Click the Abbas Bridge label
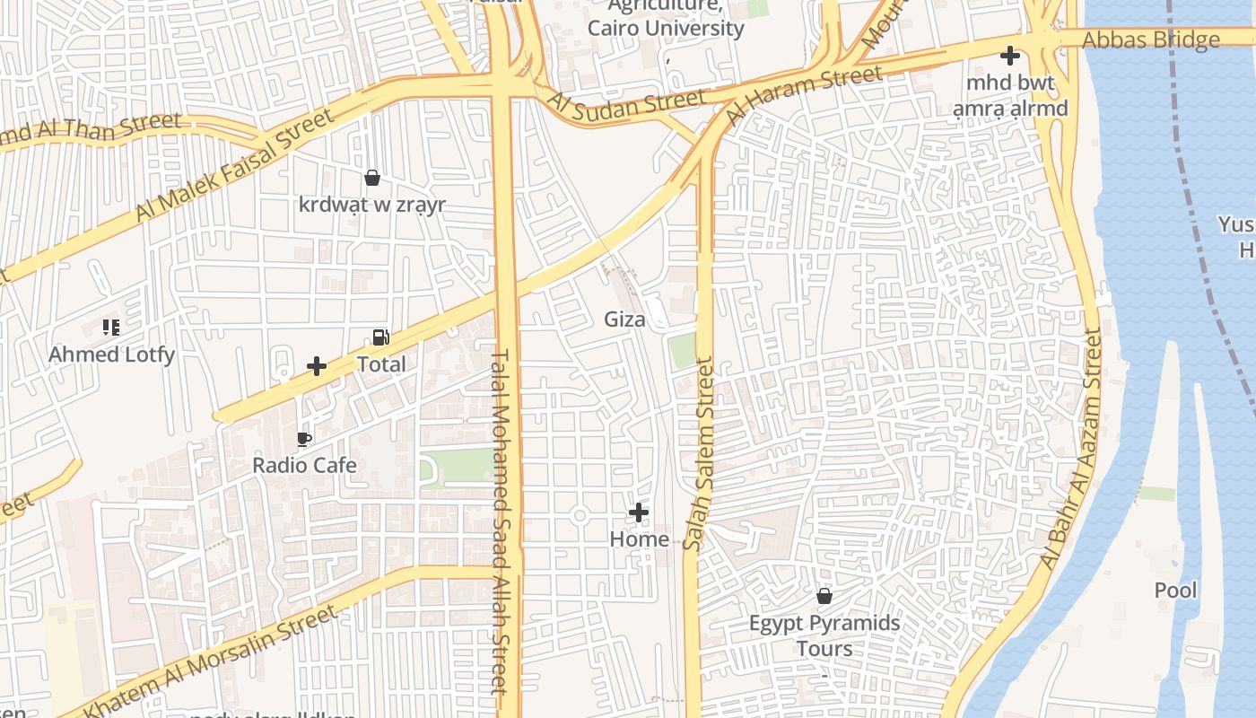coord(1150,40)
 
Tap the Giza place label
coord(624,319)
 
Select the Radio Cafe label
coord(304,465)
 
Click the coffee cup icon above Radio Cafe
coord(304,439)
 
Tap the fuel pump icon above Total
coord(380,338)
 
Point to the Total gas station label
coord(381,364)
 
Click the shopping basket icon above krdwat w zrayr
coord(371,178)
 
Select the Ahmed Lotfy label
coord(111,355)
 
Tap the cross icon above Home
coord(639,512)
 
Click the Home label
coord(639,538)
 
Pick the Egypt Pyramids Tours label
coord(824,635)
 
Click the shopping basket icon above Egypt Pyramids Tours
coord(824,595)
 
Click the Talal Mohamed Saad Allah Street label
coord(501,521)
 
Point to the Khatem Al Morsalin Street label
coord(212,661)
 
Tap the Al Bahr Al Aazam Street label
coord(1070,449)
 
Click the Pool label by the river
coord(1175,591)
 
